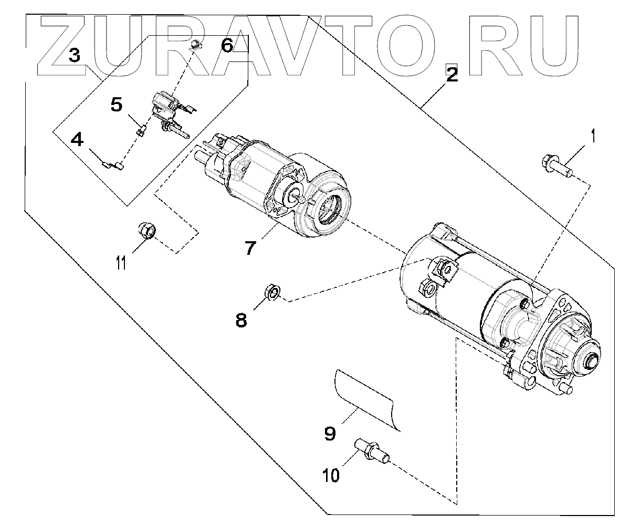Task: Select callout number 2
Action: pos(451,75)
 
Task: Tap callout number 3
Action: pos(75,55)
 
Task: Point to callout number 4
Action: pos(77,140)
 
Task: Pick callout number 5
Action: pos(117,105)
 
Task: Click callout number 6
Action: pos(226,46)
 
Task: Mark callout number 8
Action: pos(241,319)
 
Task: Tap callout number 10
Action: pos(331,475)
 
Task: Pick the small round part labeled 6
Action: pos(195,45)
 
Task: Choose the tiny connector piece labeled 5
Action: pos(140,130)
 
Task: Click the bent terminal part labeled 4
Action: pos(113,166)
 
